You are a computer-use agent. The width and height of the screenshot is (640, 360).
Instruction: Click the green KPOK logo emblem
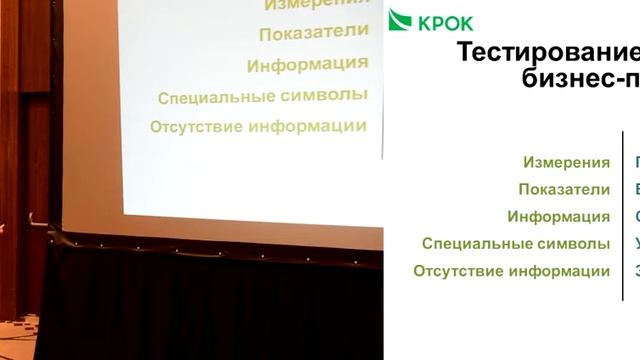coord(400,19)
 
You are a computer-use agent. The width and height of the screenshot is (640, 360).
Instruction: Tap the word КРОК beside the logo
coord(444,22)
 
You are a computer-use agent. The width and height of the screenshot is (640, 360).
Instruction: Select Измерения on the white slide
coord(566,162)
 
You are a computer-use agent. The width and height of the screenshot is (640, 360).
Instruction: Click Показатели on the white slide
coord(564,189)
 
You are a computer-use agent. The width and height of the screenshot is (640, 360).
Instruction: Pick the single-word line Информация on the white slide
coord(558,216)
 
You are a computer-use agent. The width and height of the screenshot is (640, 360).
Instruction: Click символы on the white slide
coord(574,243)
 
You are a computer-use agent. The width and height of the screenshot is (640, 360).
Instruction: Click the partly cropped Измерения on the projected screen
coord(316,5)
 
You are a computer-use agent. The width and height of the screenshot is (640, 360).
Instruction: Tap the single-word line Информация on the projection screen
coord(307,65)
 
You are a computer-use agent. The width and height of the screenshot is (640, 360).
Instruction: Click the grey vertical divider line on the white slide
coord(621,216)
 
